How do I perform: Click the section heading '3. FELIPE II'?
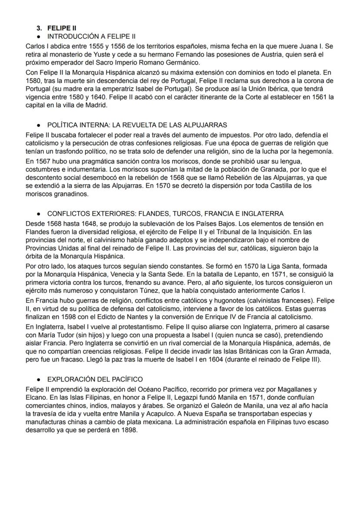[57, 28]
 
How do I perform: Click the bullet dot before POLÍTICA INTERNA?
[39, 125]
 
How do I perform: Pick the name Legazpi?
[158, 396]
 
